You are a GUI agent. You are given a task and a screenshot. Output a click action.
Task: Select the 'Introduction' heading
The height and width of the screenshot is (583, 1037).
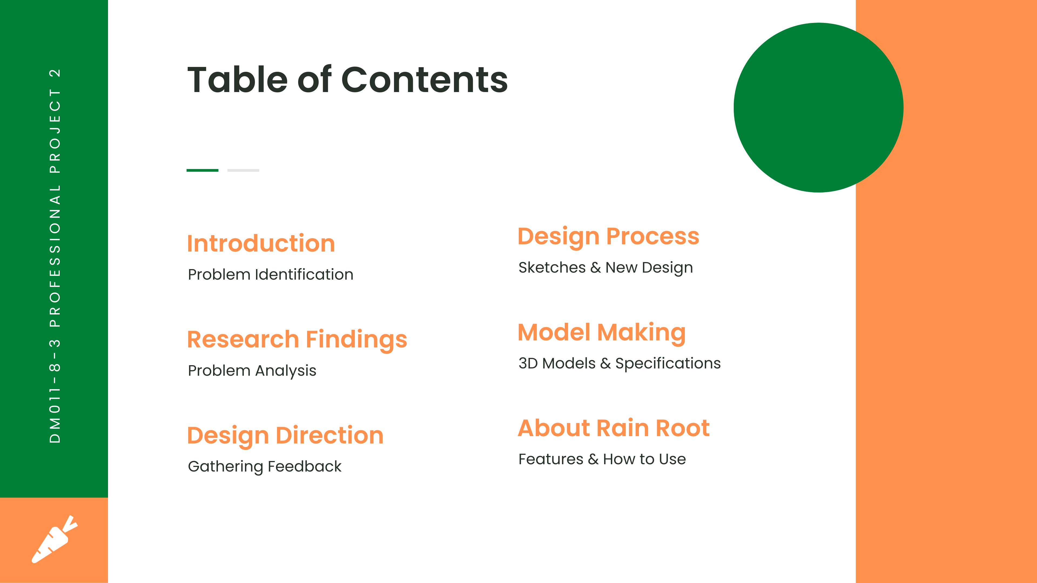(x=261, y=243)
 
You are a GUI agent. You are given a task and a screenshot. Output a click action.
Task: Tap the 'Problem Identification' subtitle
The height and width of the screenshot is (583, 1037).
(x=271, y=274)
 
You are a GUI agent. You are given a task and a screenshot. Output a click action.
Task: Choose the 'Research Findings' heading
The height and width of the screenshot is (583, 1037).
(x=297, y=340)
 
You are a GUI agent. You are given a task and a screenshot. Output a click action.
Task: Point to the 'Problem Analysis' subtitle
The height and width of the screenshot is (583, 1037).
(x=252, y=371)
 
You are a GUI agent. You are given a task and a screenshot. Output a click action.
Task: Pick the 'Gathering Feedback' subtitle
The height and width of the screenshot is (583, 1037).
(x=264, y=467)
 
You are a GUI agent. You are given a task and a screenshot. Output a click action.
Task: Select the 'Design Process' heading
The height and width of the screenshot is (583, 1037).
(x=608, y=237)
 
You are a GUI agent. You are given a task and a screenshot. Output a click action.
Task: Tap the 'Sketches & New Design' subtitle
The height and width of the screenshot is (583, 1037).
(x=605, y=267)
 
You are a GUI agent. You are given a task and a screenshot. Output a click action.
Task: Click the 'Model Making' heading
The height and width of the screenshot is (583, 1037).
(x=601, y=333)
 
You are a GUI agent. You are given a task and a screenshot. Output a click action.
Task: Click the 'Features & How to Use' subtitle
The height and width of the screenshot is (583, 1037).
(x=602, y=459)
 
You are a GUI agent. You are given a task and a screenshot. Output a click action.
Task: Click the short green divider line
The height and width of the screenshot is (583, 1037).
(x=203, y=170)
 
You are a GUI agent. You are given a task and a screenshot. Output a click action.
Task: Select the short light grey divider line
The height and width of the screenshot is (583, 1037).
(x=243, y=170)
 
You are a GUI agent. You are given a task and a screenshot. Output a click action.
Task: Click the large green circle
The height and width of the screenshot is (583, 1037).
(x=819, y=107)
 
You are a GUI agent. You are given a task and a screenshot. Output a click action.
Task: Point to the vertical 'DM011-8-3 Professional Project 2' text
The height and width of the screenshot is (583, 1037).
(x=55, y=256)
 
